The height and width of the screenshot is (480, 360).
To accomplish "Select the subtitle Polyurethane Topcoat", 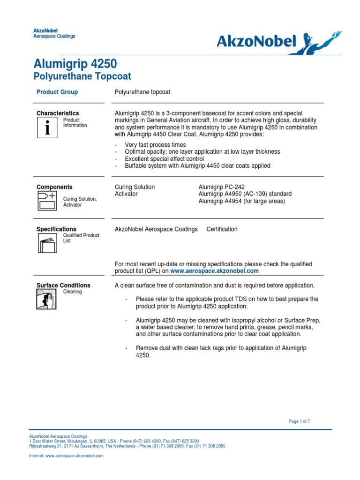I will click(82, 76).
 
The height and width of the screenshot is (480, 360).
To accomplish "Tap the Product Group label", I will click(57, 92).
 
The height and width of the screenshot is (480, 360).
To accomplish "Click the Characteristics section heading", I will click(58, 113).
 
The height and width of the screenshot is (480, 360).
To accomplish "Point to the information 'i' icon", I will click(47, 127).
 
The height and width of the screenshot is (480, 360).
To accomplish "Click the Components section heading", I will click(54, 187).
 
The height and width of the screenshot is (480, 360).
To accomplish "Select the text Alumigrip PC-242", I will click(222, 187).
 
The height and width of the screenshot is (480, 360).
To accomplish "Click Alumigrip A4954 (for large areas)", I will click(241, 201).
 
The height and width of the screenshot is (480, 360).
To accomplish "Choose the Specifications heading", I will click(56, 229).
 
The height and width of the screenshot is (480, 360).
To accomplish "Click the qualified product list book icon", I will click(47, 243).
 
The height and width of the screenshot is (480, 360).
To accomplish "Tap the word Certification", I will click(222, 229).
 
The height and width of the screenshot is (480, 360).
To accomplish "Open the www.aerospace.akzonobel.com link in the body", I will click(214, 271).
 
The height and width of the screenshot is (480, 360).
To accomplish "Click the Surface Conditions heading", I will click(63, 285).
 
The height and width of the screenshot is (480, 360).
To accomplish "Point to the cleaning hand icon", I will click(47, 299).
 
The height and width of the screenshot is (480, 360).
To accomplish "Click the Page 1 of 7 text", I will click(299, 421).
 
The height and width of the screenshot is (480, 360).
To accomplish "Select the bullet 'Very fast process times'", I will click(155, 145).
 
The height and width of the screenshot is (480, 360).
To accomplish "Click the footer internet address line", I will click(66, 456).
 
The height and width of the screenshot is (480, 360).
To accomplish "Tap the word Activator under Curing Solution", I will click(127, 194).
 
